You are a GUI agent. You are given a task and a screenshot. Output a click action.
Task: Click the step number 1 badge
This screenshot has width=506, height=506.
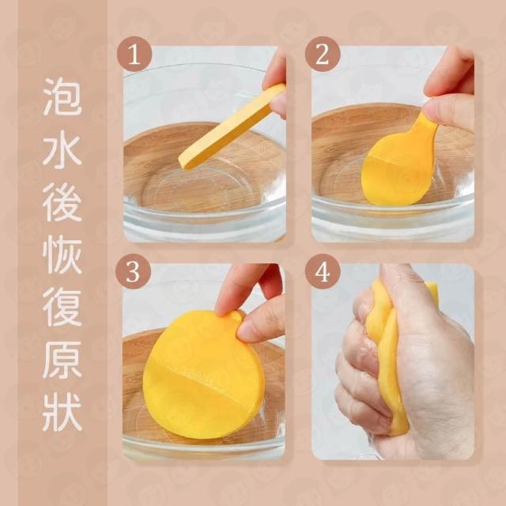click(134, 55)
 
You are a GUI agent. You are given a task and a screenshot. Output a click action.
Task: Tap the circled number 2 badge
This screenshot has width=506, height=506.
click(323, 55)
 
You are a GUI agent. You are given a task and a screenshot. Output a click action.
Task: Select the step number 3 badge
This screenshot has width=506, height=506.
click(134, 272)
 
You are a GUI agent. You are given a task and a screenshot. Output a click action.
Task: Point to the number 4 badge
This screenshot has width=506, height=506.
click(323, 272)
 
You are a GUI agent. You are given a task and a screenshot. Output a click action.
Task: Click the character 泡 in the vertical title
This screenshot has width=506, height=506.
click(62, 96)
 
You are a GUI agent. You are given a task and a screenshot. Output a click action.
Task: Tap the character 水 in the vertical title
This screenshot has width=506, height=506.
click(62, 149)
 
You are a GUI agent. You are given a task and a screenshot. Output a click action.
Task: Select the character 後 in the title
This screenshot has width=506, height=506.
click(62, 202)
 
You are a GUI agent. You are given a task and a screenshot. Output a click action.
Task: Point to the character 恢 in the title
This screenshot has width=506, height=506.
click(62, 255)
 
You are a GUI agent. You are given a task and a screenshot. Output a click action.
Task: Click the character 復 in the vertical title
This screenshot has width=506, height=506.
click(62, 307)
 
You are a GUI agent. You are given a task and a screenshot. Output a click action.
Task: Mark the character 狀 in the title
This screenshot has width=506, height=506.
click(62, 412)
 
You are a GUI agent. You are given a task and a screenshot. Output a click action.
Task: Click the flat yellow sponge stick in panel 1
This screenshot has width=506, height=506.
click(232, 126)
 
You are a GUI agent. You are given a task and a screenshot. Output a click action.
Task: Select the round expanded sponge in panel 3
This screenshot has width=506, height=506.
click(203, 374)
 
